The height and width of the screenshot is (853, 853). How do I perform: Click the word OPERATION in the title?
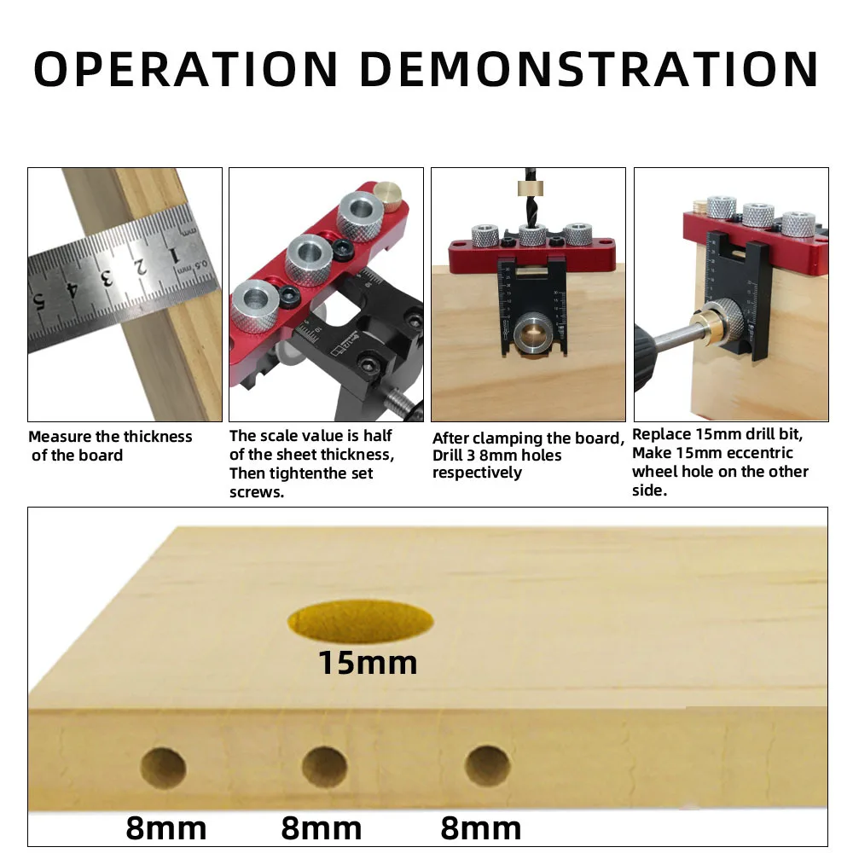click(185, 69)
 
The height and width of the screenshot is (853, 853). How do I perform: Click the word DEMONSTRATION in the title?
click(589, 69)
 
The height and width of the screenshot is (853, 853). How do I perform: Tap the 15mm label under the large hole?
click(368, 663)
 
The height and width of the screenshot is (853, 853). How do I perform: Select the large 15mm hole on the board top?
click(360, 621)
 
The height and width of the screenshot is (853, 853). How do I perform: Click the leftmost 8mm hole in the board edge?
click(163, 769)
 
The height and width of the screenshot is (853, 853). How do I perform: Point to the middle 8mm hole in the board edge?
click(325, 767)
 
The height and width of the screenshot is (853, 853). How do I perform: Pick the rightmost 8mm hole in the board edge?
click(487, 766)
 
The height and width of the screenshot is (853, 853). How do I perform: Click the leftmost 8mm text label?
click(166, 828)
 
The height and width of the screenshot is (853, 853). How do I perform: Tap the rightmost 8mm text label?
click(481, 828)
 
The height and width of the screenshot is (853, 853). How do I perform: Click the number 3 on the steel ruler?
click(106, 278)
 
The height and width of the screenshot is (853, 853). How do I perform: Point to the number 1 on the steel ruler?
click(173, 254)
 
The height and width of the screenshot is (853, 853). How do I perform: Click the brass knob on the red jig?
click(387, 195)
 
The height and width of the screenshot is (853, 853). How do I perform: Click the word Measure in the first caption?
click(60, 437)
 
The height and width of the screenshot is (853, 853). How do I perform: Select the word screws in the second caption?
click(256, 492)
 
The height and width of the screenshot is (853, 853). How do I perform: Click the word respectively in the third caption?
click(477, 473)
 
